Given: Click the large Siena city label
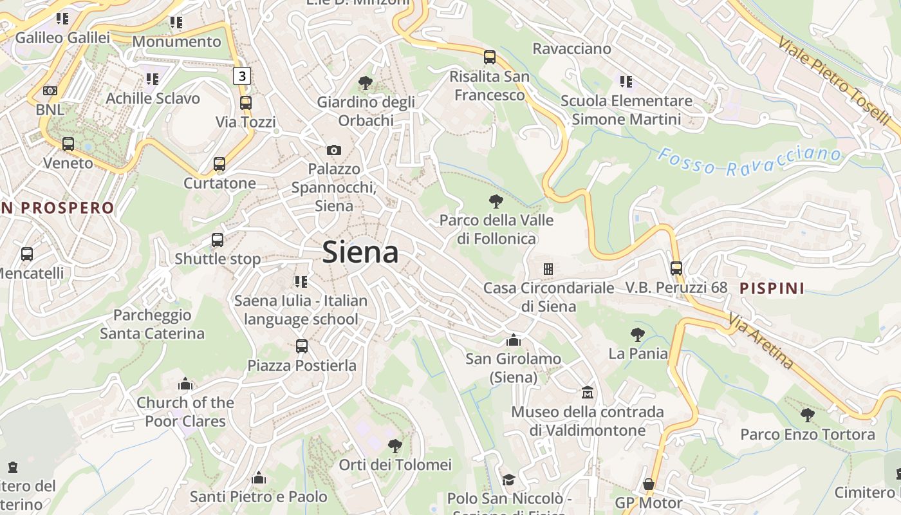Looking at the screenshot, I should pos(360,252).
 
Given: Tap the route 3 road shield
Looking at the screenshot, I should pos(241,76).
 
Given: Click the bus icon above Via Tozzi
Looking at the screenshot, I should pos(245,103).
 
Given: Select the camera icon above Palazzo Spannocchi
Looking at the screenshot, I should pos(333,150).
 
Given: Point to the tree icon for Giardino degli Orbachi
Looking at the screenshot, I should pos(365,83).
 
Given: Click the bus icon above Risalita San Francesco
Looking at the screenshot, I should pos(490,57).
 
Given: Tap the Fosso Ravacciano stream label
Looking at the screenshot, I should pos(750,162).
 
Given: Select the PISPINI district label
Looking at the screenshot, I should pos(772,288).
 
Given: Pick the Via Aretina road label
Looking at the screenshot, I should pos(762,341).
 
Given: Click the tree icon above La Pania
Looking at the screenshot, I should pos(637,335).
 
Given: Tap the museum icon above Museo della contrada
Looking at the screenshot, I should pos(587,393).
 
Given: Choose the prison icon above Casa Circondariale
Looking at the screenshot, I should pos(548,268).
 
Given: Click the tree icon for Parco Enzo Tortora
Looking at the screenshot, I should pos(807,415).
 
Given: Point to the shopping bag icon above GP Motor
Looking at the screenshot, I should pos(648,484).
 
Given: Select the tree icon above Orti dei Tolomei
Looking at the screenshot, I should pos(395,445).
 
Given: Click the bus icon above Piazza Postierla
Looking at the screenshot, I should pos(302,346).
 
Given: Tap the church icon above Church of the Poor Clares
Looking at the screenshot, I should pos(185,384).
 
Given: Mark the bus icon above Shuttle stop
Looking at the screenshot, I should pos(218,240).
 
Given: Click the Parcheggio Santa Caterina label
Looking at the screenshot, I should pos(153,324).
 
